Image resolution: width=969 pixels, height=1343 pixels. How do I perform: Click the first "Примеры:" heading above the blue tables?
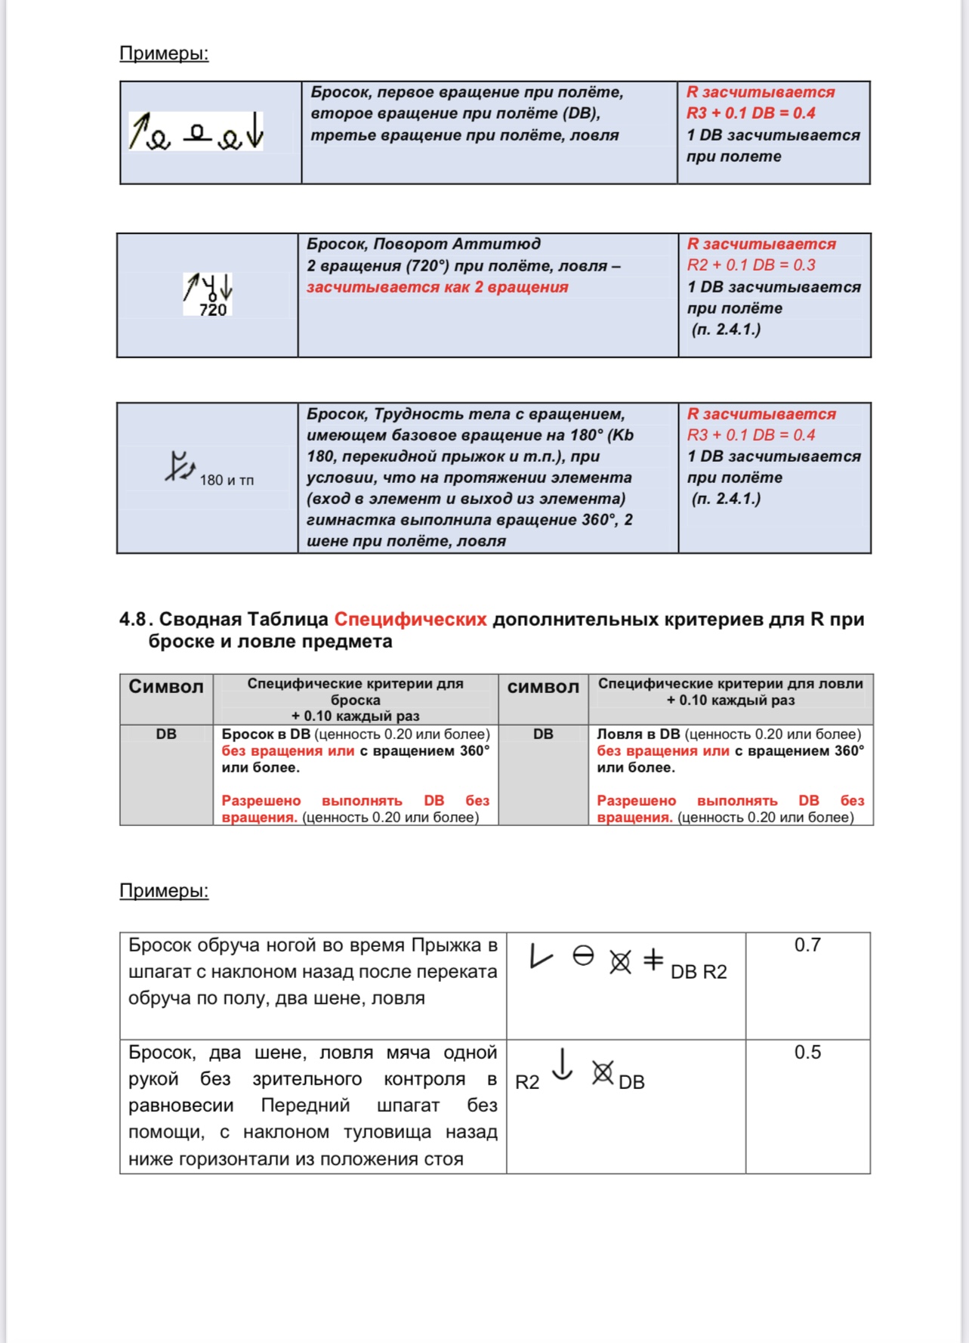tap(164, 54)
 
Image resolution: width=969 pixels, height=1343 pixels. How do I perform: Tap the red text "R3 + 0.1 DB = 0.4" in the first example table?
tap(750, 113)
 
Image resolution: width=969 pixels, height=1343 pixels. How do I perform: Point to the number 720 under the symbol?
tap(213, 310)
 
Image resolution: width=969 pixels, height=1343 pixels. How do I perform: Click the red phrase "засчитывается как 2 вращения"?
tap(437, 287)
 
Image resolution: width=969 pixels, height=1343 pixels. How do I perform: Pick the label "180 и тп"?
tap(227, 480)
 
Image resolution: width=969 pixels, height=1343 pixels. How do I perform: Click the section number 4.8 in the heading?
tap(133, 620)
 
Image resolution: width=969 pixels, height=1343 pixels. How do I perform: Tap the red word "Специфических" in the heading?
tap(410, 620)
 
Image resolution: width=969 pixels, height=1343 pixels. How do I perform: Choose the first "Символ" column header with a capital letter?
tap(166, 686)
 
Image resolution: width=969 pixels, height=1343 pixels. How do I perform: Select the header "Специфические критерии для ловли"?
tap(730, 683)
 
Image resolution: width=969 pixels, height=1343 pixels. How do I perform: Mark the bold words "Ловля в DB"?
tap(638, 734)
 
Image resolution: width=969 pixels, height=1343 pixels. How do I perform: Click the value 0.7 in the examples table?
tap(807, 945)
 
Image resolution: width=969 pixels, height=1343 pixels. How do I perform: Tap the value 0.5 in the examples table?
tap(807, 1052)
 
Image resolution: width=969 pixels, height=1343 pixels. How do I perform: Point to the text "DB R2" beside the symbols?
tap(699, 972)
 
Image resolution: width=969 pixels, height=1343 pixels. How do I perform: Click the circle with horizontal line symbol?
tap(583, 956)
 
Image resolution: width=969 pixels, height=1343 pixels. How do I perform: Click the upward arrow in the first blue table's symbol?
tap(138, 130)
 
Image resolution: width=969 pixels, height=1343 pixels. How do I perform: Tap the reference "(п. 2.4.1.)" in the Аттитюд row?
tap(726, 330)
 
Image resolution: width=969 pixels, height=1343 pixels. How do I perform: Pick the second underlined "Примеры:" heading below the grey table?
tap(164, 891)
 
